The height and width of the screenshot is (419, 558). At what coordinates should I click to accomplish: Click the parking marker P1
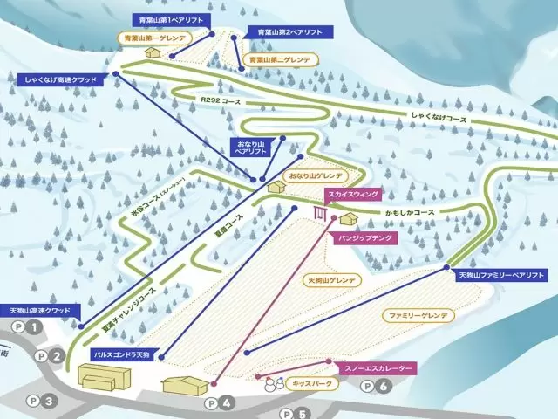(26, 327)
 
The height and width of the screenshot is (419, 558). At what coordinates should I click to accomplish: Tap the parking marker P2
(48, 355)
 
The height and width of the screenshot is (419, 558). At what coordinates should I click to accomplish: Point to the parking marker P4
(219, 403)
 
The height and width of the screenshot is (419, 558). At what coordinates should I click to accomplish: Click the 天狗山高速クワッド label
(44, 310)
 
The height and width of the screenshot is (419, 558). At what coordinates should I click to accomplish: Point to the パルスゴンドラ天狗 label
(126, 354)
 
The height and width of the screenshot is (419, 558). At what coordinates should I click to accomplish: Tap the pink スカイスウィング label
(353, 194)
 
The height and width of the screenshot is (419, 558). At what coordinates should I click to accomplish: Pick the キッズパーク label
(316, 382)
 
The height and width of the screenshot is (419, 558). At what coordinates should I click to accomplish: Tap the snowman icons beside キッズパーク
(276, 383)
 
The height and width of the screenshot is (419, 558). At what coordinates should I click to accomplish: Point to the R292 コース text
(220, 101)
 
